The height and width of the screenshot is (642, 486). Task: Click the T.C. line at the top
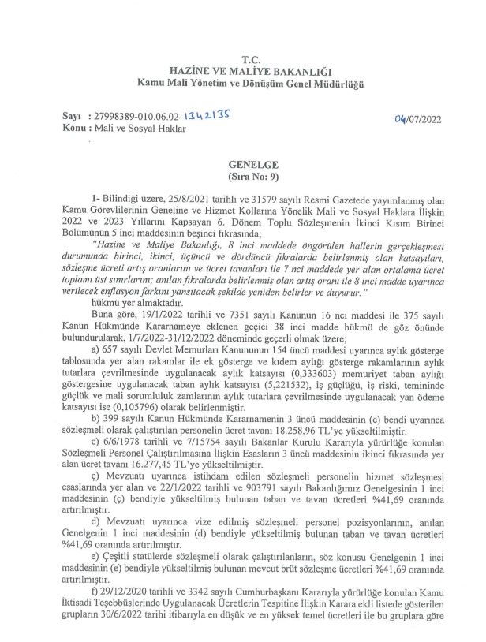[250, 58]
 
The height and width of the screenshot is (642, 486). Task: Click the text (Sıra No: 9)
[249, 180]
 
